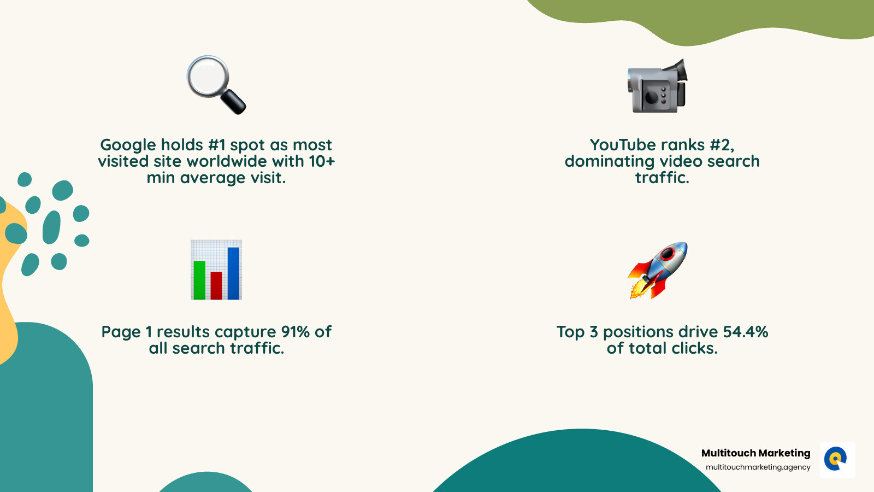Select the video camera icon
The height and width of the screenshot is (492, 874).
(657, 87)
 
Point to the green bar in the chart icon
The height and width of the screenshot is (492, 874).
(199, 280)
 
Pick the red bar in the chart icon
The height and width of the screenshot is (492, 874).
(216, 285)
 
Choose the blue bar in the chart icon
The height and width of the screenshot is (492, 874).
(233, 273)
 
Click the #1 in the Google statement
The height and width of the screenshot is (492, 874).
(217, 145)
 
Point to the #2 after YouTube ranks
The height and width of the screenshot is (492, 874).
(722, 145)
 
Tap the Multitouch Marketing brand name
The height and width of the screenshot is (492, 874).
(755, 453)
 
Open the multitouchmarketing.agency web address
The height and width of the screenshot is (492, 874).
(758, 467)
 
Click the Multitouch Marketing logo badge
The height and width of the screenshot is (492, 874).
(837, 460)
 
